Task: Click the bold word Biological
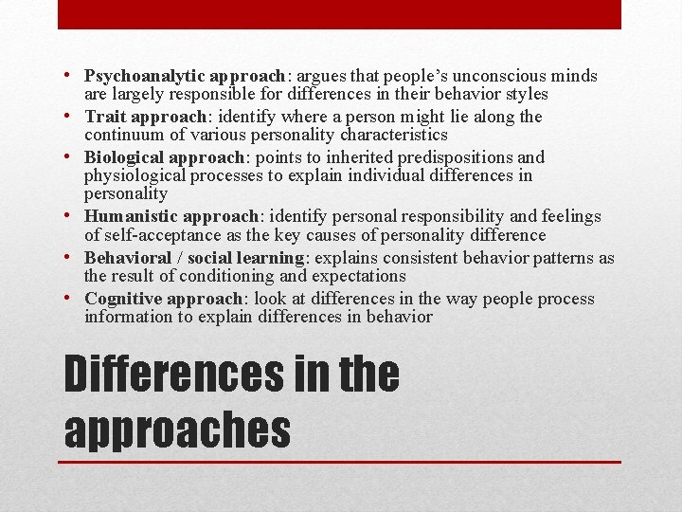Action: click(123, 157)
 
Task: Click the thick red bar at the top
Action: click(339, 14)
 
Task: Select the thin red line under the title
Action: click(341, 462)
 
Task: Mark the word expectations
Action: click(359, 276)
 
